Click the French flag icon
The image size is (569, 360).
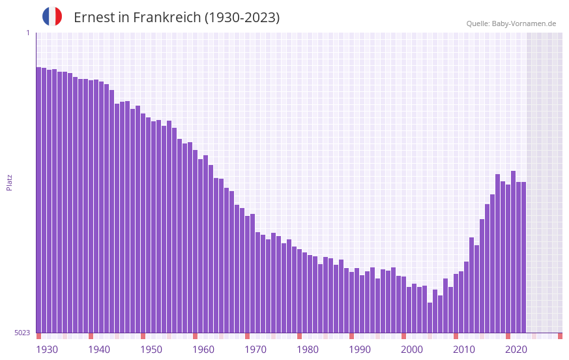click(x=52, y=17)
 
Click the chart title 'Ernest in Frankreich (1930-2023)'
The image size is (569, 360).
click(x=177, y=18)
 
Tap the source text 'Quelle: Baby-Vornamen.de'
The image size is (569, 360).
click(x=511, y=23)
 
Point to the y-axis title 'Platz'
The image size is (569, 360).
click(x=9, y=182)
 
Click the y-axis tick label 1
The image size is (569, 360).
click(x=27, y=33)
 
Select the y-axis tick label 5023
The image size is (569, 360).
click(x=22, y=333)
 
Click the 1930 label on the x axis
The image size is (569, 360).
click(x=47, y=350)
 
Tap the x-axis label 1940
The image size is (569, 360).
click(x=99, y=350)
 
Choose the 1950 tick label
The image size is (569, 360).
click(x=151, y=350)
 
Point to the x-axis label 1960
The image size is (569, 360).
click(x=203, y=350)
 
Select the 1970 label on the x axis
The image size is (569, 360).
click(x=255, y=350)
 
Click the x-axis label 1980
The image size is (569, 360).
click(x=308, y=350)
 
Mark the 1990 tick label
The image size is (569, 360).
click(x=360, y=350)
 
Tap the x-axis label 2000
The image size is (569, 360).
click(x=412, y=350)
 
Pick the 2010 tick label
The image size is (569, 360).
click(x=464, y=350)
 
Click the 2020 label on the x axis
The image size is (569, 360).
click(x=516, y=350)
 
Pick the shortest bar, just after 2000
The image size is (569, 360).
click(x=430, y=318)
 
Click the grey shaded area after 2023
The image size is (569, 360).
click(x=544, y=182)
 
